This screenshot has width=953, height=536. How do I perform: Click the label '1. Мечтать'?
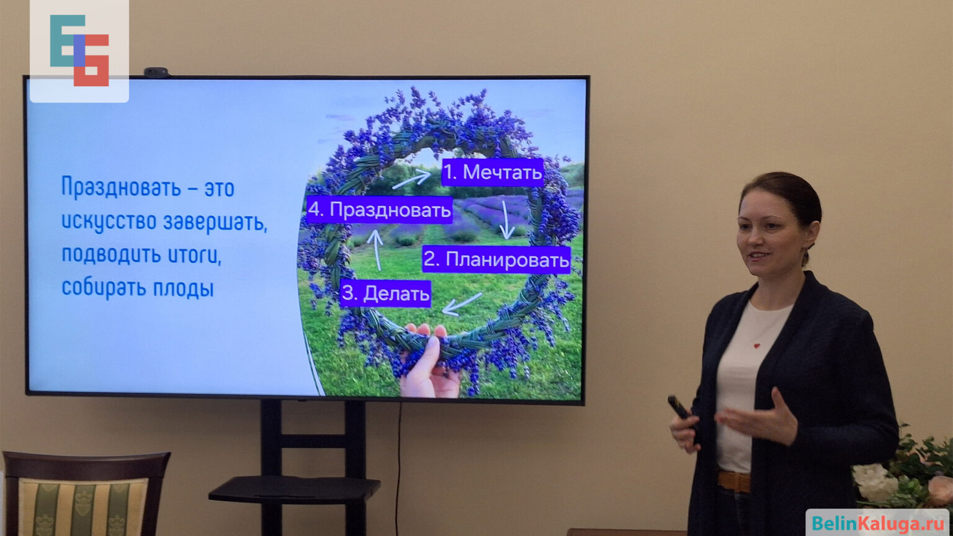[493, 172]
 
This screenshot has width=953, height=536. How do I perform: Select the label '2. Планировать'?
[496, 259]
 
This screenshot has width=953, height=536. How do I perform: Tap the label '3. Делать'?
[385, 293]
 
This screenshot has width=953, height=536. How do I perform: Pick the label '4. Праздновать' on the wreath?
[380, 210]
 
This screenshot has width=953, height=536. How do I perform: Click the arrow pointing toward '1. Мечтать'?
[411, 179]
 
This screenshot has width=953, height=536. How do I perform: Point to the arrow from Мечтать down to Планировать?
[506, 220]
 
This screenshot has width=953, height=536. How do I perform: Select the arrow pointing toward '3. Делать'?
[462, 304]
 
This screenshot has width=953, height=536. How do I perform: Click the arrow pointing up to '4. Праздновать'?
[376, 250]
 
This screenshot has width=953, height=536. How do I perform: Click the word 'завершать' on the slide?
[215, 222]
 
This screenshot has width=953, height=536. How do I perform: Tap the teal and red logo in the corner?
[79, 51]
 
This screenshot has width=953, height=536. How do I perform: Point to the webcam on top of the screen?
[156, 73]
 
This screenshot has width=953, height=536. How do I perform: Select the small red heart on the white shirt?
[757, 346]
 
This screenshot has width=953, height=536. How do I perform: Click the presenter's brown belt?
[734, 481]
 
